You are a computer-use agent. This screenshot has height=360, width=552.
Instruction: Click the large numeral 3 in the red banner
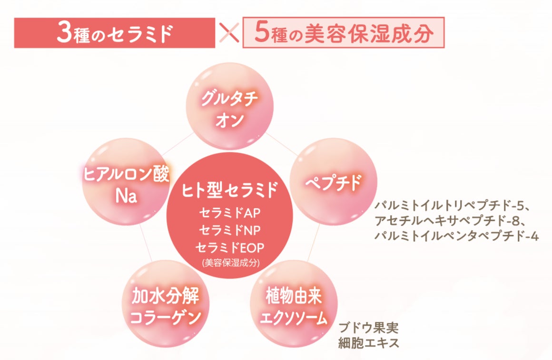click(x=63, y=33)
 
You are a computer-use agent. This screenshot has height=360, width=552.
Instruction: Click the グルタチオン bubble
click(x=229, y=106)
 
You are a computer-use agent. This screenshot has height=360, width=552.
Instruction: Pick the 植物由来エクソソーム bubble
click(x=294, y=305)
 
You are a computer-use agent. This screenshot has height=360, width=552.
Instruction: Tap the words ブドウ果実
click(x=369, y=328)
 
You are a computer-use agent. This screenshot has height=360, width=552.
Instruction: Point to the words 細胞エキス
click(x=369, y=342)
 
